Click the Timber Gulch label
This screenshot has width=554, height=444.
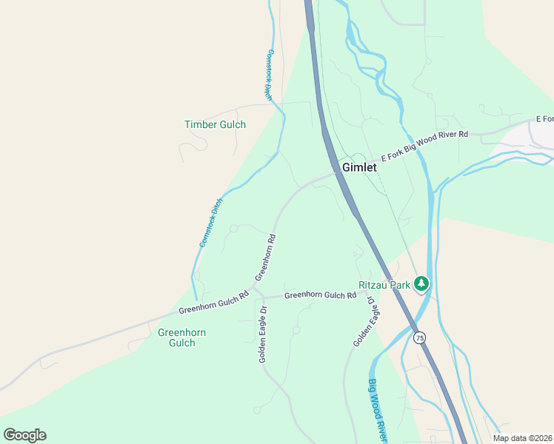pos(215,125)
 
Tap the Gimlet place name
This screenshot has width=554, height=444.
pos(358,168)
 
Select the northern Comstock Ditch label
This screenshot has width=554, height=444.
pos(269,74)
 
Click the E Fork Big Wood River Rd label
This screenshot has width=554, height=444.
pos(424,146)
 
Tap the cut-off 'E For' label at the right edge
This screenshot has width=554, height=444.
pos(544,118)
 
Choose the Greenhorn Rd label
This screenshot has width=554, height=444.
pos(265,257)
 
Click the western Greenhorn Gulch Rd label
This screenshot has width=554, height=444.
pos(213,306)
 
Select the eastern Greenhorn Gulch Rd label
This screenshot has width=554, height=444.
pos(320,295)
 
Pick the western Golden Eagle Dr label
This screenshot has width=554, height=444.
pos(262,332)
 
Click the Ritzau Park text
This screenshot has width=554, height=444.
pos(385,283)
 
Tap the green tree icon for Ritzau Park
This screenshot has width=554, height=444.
pos(421,283)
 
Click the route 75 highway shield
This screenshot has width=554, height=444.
pos(420,337)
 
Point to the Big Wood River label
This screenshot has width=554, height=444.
pos(378,411)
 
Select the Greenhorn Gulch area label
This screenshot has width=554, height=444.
pos(181,337)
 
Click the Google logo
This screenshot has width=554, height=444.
pos(24,435)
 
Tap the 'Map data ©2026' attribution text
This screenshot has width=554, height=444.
pos(521,438)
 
